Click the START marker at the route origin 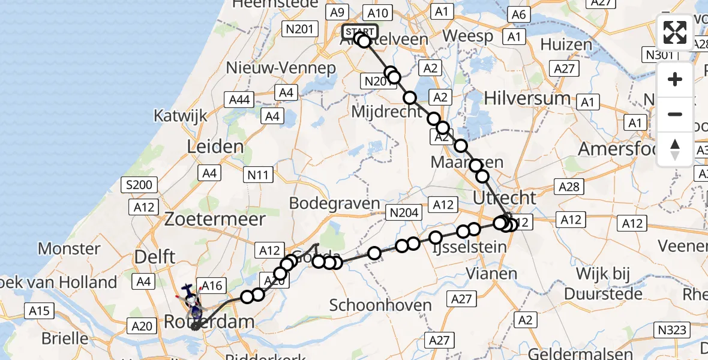(360, 32)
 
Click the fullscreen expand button (675, 32)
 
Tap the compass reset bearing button (675, 149)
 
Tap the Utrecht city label (504, 198)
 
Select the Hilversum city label (527, 98)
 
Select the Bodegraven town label (334, 203)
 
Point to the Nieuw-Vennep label (281, 68)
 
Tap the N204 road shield (405, 212)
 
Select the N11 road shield (259, 175)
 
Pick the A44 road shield (240, 100)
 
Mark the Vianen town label (491, 274)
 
